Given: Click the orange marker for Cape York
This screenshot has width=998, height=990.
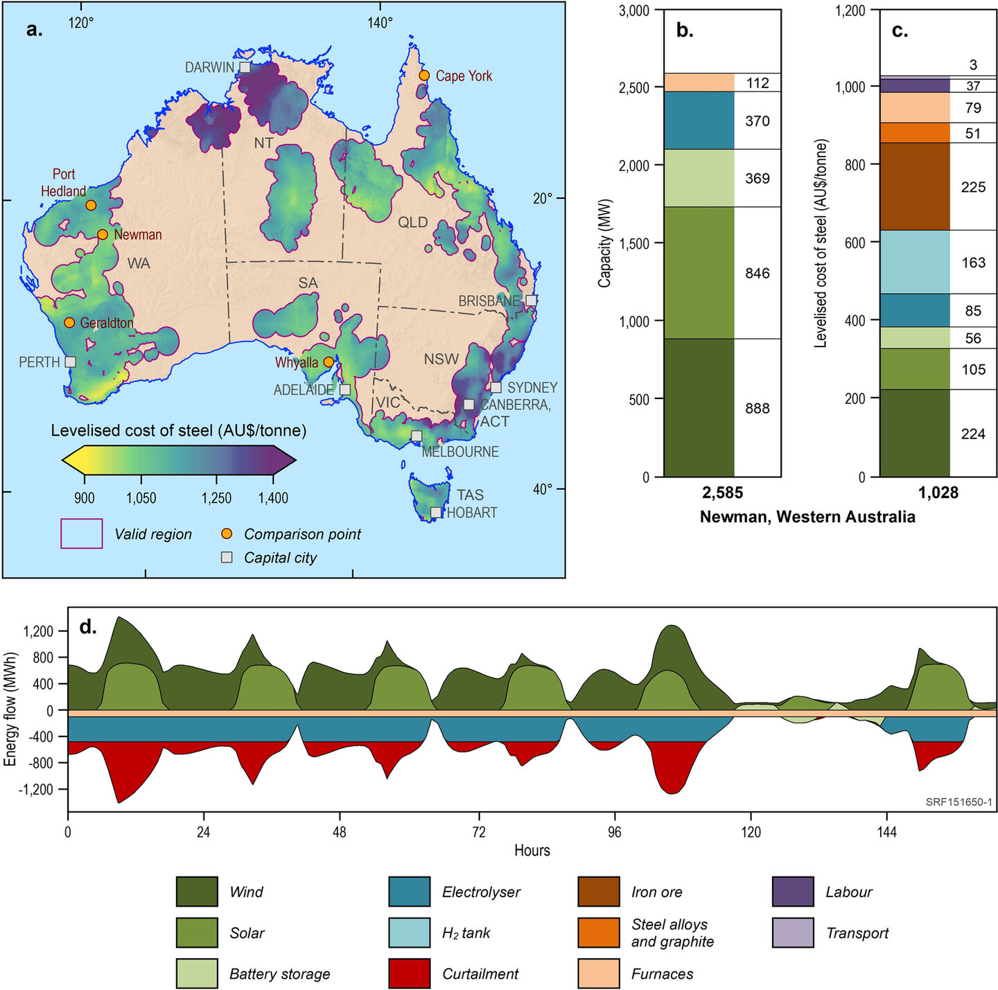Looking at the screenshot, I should tap(424, 76).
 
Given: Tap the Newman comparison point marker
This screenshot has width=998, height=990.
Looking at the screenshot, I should tap(103, 234).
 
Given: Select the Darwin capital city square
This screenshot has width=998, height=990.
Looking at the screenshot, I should tap(245, 67).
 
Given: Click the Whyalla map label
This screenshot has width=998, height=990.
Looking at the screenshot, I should tap(297, 362).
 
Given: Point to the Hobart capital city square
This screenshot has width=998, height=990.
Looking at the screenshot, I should tap(435, 513).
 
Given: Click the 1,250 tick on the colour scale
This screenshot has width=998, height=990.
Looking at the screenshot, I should tap(217, 497).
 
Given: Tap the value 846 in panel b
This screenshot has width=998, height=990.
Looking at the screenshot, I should tap(758, 273).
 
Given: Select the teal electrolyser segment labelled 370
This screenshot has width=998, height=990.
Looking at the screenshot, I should tap(699, 121).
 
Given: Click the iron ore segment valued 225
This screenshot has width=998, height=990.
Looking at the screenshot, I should tap(914, 186).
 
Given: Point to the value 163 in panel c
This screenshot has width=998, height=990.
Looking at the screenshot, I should tap(973, 263).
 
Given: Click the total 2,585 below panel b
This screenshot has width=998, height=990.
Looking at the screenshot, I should tap(722, 493).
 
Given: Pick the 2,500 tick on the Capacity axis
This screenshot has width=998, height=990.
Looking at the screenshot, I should tap(635, 88).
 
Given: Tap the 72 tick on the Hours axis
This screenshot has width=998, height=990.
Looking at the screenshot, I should tap(478, 831).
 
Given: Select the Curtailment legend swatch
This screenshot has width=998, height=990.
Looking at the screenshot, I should tap(409, 973).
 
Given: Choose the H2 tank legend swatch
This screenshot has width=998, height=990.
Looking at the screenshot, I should tap(409, 932).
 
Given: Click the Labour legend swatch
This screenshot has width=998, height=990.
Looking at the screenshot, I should tap(793, 892).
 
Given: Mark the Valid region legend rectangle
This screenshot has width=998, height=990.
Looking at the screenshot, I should tap(82, 533).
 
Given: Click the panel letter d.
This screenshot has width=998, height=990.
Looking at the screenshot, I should tap(87, 627).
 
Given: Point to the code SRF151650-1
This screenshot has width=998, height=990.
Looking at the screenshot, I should tap(958, 802).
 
